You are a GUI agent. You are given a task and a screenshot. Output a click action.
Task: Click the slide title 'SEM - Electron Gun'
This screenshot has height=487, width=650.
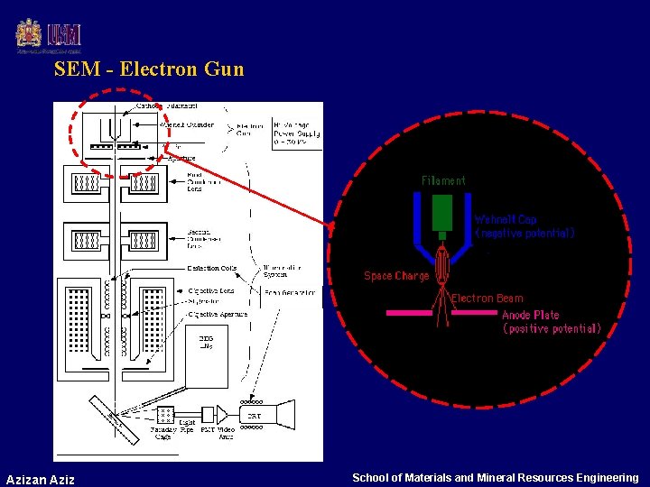[148, 69]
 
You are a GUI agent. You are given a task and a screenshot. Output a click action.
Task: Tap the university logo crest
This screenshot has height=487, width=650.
[29, 35]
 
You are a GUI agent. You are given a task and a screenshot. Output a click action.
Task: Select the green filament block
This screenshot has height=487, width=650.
[442, 213]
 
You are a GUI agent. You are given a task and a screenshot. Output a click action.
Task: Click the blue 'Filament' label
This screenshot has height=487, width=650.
[443, 180]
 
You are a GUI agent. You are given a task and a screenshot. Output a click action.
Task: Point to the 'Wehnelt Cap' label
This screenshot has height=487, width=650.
[506, 219]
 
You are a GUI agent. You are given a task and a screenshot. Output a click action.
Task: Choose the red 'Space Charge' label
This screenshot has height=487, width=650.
[396, 276]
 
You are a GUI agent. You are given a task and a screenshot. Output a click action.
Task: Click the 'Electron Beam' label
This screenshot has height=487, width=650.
[487, 298]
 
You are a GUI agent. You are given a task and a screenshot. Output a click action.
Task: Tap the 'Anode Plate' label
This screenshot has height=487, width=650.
[531, 315]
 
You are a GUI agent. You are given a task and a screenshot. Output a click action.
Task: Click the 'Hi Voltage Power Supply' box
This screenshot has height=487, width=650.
[296, 134]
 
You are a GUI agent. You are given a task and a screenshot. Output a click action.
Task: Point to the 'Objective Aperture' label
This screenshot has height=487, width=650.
[218, 314]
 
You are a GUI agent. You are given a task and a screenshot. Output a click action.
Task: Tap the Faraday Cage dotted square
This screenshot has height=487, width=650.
[164, 415]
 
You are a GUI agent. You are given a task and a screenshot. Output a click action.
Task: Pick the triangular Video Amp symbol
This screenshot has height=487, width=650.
[222, 415]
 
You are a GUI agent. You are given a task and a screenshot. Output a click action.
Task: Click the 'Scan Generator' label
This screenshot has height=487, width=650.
[291, 292]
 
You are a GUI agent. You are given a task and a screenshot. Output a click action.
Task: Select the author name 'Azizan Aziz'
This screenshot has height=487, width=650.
[40, 478]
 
